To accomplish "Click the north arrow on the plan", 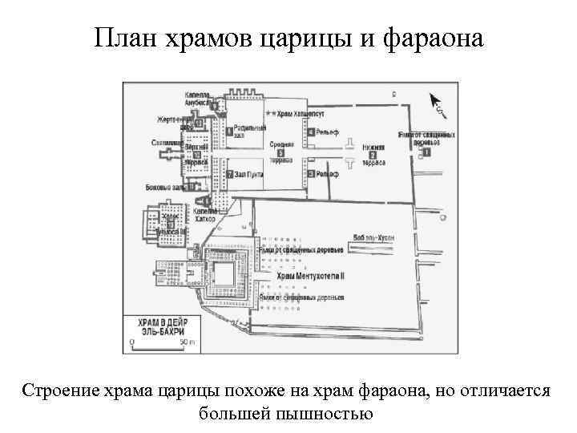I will click(x=437, y=101).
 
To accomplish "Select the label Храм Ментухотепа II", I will click(x=310, y=274).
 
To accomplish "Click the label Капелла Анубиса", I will click(x=197, y=98).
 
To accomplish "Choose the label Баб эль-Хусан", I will click(x=374, y=238).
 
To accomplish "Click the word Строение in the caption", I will click(x=61, y=391).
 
